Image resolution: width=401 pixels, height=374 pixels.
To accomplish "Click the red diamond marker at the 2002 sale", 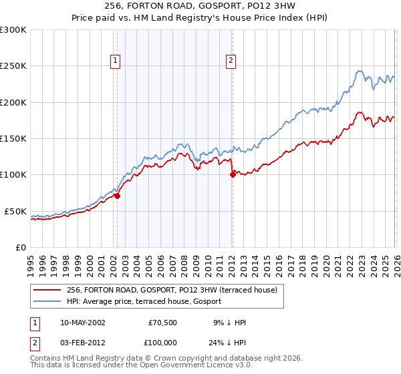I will [x=117, y=196].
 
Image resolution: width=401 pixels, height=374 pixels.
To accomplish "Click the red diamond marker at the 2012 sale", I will [x=233, y=174].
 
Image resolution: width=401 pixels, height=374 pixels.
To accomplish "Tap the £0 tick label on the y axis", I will [x=21, y=247].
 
